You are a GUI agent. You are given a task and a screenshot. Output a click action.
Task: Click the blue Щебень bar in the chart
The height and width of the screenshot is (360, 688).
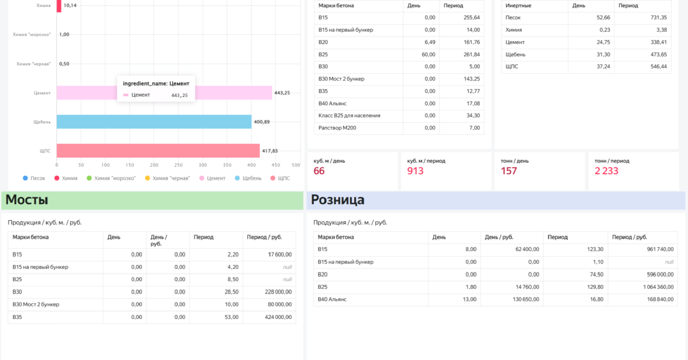pos(154,122)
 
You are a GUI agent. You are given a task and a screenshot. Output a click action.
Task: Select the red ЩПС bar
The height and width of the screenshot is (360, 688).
pos(158,151)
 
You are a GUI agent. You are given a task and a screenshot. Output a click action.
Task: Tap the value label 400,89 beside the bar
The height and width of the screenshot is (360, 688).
pos(262,122)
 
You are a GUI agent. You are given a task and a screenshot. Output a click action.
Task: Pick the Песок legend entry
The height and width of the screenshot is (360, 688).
pos(34,178)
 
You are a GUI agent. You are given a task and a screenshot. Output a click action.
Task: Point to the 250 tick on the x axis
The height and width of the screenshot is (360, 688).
pos(178,165)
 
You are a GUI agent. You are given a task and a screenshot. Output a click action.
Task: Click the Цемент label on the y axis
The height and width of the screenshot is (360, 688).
pos(42,93)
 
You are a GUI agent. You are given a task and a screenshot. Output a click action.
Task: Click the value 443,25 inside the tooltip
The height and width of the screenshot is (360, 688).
pos(179,95)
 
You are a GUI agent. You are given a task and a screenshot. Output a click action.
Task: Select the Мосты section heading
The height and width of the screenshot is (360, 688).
pos(27,200)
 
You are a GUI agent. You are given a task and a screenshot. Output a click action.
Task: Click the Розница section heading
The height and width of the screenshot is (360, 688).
pos(338,200)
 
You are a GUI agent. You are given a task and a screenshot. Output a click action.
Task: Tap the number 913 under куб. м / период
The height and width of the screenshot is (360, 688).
pos(415,171)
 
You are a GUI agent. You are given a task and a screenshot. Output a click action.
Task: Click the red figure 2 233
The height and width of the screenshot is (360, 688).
pos(607,171)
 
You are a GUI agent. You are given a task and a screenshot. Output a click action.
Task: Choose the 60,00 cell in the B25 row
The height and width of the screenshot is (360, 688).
pos(428,54)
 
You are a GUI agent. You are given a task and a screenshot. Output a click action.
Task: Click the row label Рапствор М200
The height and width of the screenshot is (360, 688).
pos(337,128)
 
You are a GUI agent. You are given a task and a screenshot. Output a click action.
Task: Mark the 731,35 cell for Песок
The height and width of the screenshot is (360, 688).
pos(659,18)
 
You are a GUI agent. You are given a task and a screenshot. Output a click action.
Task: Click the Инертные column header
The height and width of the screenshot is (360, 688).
pos(518,5)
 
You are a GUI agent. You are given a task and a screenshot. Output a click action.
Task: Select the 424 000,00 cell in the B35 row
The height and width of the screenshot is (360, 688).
pos(278,317)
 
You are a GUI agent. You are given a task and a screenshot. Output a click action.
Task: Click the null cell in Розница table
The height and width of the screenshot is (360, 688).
pos(669,262)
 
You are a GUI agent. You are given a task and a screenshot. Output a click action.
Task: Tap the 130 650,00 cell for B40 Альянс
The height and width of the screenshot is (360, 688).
pos(526,299)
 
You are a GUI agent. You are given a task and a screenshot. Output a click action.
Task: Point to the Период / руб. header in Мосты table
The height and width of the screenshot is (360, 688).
pos(264,237)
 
